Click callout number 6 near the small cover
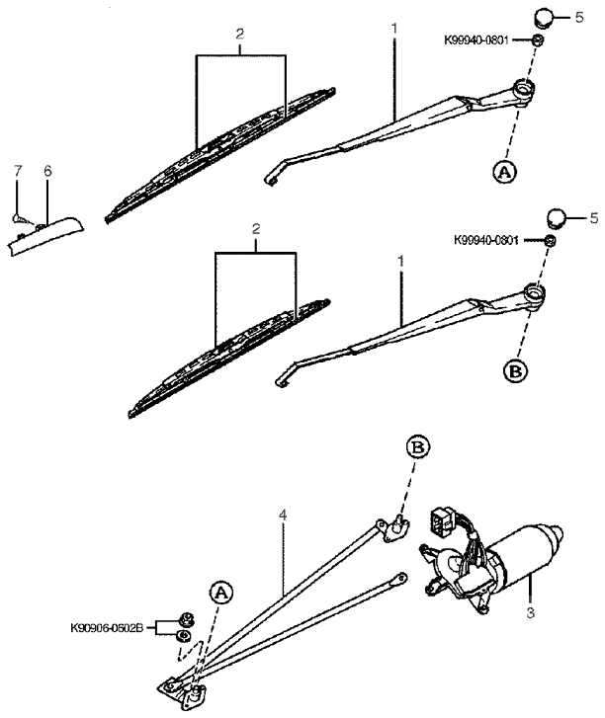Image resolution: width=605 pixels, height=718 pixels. [46, 171]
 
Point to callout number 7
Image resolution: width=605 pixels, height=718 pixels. [16, 171]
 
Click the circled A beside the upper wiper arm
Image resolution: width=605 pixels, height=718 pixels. [504, 171]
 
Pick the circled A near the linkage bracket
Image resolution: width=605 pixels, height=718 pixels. [221, 593]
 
